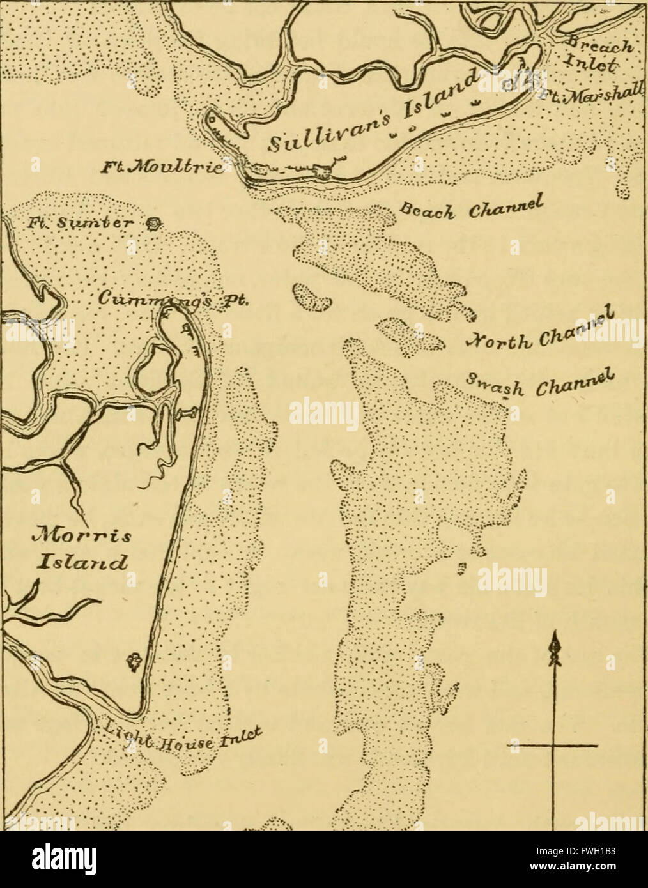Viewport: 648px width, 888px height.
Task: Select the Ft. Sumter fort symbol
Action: (x=153, y=225)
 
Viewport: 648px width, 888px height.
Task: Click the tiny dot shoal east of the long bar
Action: (x=461, y=567)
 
